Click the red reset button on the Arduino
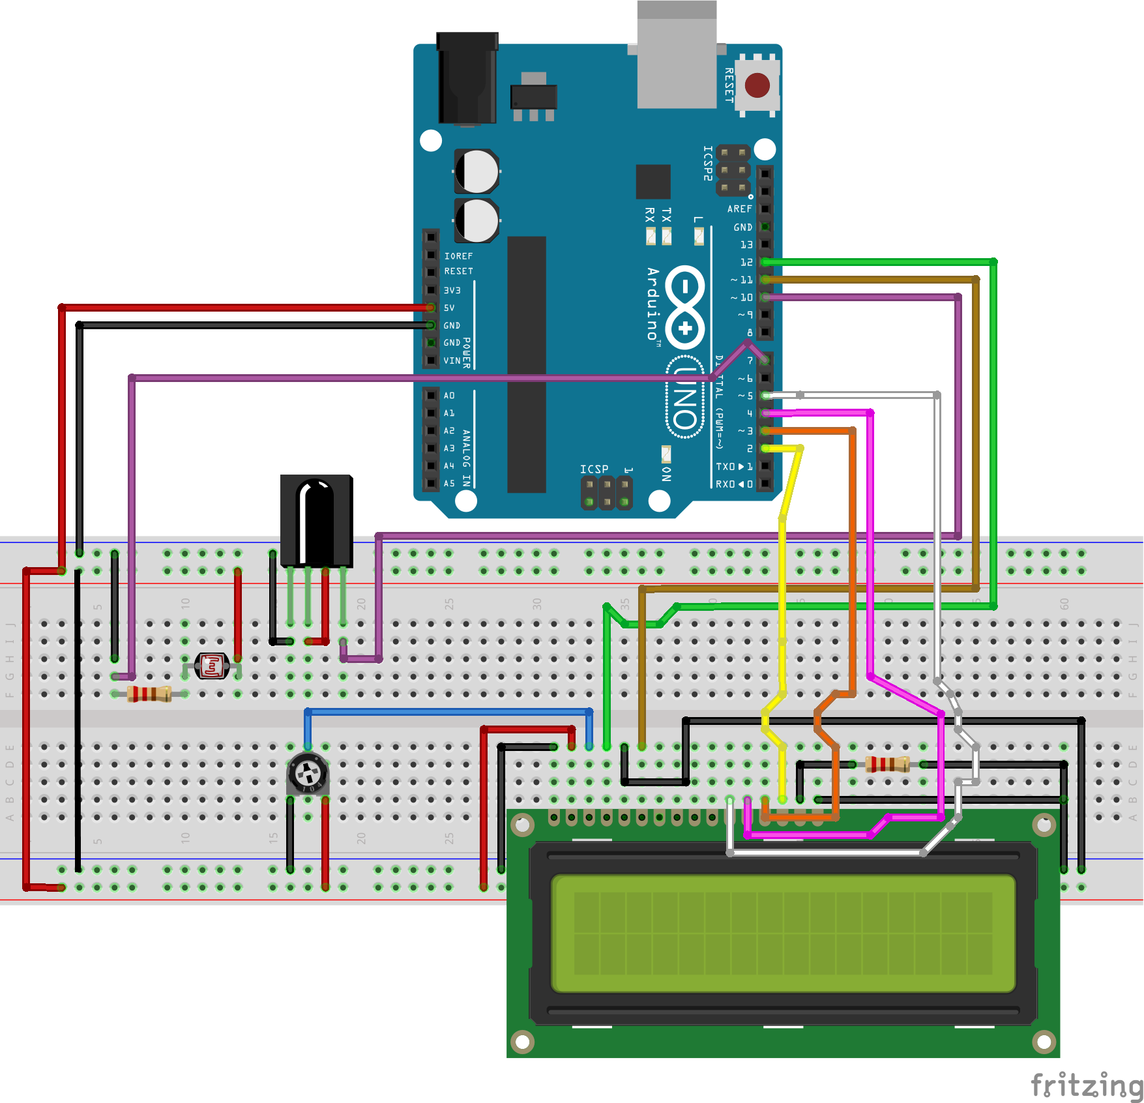757,85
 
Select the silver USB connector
677,59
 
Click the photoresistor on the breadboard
212,666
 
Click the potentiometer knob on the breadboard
308,774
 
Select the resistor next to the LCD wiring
887,764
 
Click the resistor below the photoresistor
149,694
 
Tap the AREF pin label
739,209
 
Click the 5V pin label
449,308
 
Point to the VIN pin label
452,360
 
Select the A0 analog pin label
449,396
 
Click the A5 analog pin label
449,484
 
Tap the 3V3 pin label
452,290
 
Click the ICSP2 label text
707,163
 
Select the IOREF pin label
458,256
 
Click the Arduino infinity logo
684,307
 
